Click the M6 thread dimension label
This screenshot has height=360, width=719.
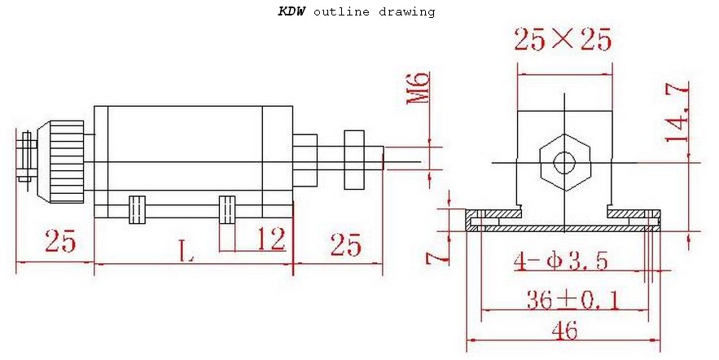pos(418,88)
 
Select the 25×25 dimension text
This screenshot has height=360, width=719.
pos(563,39)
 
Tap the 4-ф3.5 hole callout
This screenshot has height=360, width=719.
pos(561,261)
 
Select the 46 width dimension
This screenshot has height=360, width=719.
pos(563,331)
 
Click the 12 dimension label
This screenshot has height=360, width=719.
pos(270,239)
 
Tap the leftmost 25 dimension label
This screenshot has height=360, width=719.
pos(60,242)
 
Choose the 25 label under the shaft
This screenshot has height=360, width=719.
pos(345,244)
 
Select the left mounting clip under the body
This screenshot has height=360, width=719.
pos(136,208)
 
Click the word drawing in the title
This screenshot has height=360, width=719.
pos(406,12)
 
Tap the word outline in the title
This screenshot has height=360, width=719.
pos(341,12)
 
